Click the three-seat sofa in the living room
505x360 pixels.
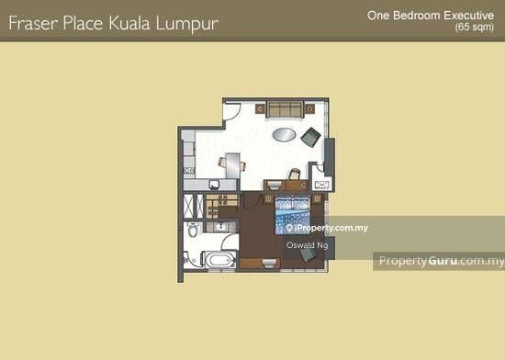[285, 109]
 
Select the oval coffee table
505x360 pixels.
[284, 135]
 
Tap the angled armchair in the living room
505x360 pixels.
[310, 137]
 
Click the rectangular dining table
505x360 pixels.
[232, 165]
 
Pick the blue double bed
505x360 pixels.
[292, 215]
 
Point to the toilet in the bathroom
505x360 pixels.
[193, 230]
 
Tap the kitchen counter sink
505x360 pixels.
[214, 185]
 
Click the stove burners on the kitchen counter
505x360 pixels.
[189, 171]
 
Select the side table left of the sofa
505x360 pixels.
[260, 108]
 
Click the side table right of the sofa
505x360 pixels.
[309, 109]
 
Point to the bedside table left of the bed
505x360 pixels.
[269, 199]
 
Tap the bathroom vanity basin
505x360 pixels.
[221, 227]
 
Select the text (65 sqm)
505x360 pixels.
[475, 27]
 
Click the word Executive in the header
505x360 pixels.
[468, 15]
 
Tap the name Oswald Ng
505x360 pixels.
[308, 245]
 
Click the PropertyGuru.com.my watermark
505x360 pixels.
[442, 261]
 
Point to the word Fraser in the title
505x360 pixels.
[34, 23]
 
